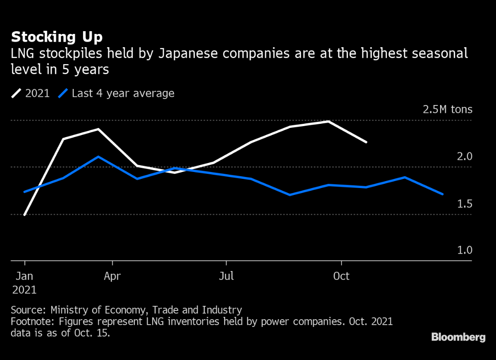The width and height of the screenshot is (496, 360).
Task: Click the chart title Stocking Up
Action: pos(57,36)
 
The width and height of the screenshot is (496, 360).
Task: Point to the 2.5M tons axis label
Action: pos(447,110)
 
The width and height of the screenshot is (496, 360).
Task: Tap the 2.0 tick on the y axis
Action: pos(464,157)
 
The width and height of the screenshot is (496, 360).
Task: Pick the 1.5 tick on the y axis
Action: pos(464,204)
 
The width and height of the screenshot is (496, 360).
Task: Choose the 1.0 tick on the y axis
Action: pos(464,250)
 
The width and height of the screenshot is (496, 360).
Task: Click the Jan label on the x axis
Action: pos(24,276)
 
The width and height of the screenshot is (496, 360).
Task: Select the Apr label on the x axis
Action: pos(112,276)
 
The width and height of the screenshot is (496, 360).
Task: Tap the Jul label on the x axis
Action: pos(226,276)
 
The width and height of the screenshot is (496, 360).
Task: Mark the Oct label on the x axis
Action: pos(341,276)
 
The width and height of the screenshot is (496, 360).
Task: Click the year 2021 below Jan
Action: pos(24,290)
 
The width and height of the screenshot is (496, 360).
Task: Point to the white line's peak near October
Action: pos(328,122)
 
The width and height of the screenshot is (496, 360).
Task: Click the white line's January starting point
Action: pos(24,215)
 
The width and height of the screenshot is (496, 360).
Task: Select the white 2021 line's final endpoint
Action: pos(366,142)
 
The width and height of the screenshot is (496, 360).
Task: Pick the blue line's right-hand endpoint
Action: pos(442,194)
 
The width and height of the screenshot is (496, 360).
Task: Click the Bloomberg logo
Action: pos(458,337)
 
